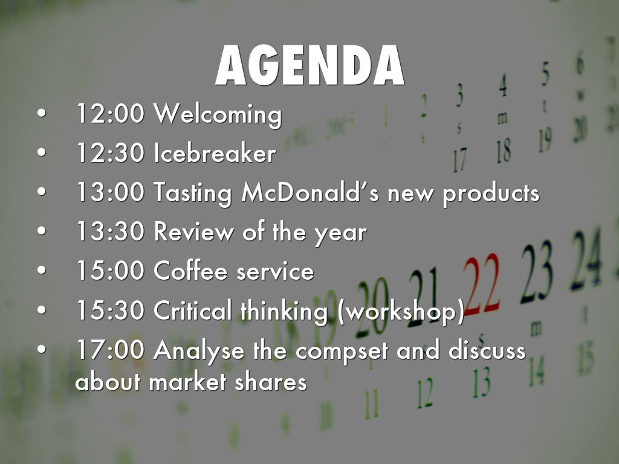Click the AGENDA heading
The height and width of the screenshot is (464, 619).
(x=310, y=65)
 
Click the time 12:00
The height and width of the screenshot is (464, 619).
(x=111, y=114)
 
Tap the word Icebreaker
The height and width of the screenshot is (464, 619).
(x=215, y=153)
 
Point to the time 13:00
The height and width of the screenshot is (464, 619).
(x=111, y=192)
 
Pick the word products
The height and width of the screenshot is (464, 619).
(x=491, y=195)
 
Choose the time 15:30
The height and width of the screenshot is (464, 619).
(x=111, y=310)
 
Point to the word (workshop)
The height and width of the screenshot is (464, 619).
(x=401, y=312)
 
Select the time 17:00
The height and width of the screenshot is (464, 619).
(x=111, y=349)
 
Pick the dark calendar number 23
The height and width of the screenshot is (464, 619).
(x=537, y=273)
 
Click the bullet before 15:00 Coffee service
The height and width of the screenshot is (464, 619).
(x=42, y=270)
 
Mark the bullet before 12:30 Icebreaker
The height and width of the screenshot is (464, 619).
(x=42, y=153)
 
